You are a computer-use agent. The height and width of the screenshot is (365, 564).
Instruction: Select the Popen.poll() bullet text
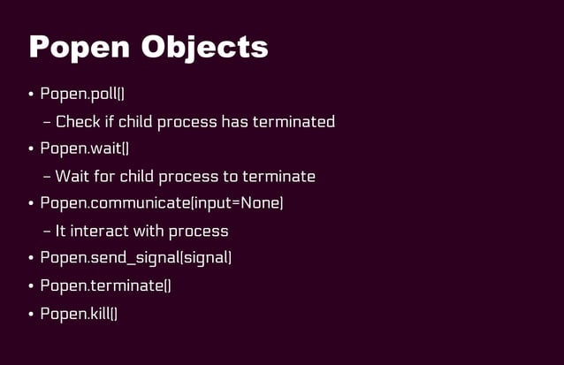(x=88, y=94)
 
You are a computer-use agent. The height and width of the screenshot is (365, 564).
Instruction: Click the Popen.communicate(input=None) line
(x=162, y=203)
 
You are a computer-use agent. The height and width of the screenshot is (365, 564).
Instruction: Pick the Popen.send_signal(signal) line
(x=136, y=258)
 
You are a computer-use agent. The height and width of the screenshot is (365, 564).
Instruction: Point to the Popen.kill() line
(x=79, y=313)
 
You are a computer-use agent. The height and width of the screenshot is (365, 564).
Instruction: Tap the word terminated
(x=293, y=121)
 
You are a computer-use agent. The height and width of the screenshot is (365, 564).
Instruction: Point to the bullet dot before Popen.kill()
(x=31, y=314)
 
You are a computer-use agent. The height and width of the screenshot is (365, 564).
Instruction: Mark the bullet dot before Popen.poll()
(x=31, y=95)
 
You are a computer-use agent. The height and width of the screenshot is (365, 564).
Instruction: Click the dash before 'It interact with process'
(x=47, y=231)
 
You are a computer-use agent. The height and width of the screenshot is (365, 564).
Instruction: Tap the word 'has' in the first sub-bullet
(x=234, y=121)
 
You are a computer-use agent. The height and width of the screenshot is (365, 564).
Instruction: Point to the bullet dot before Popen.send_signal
(x=31, y=259)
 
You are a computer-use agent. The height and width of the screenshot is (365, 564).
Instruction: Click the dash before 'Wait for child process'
(x=47, y=176)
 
